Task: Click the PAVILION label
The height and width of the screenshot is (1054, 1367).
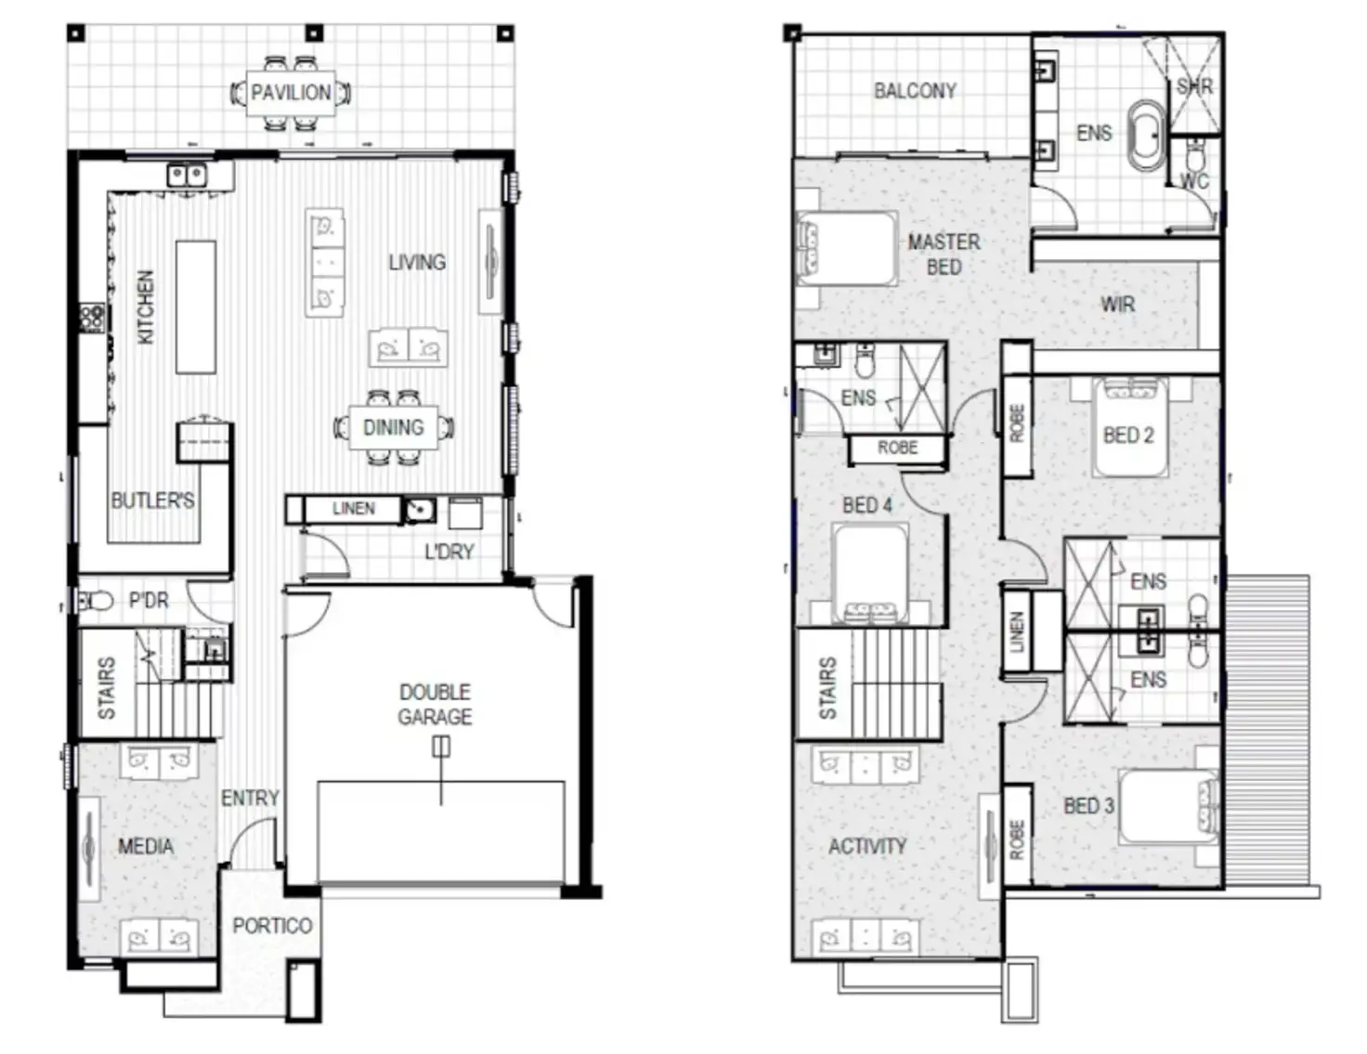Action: click(291, 92)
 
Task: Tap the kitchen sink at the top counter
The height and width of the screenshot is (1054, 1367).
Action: click(187, 174)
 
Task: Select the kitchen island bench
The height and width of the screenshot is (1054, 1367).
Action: click(196, 306)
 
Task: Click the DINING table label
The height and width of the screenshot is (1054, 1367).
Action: click(393, 427)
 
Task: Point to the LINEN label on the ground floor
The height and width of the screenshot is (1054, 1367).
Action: click(354, 509)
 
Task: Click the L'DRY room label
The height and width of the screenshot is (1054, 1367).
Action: click(449, 552)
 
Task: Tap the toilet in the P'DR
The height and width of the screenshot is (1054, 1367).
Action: click(96, 602)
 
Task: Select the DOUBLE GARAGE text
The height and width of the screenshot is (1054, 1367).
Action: click(435, 704)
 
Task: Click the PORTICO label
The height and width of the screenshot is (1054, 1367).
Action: click(272, 926)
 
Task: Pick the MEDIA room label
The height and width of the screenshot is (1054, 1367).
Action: click(145, 846)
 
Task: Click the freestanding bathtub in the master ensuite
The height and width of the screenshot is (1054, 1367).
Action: click(1146, 137)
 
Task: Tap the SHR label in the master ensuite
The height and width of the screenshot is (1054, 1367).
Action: click(1194, 86)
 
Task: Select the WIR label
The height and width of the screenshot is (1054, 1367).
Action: click(1117, 304)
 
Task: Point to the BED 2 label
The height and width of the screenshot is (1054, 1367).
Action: click(1128, 435)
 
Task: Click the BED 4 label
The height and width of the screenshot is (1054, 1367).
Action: click(866, 505)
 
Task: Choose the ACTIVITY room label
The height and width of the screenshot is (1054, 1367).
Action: click(866, 846)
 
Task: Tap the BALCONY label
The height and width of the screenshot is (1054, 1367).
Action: click(915, 90)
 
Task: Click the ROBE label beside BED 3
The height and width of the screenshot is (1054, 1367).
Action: click(1017, 839)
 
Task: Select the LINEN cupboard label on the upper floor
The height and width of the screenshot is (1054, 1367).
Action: click(1017, 631)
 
